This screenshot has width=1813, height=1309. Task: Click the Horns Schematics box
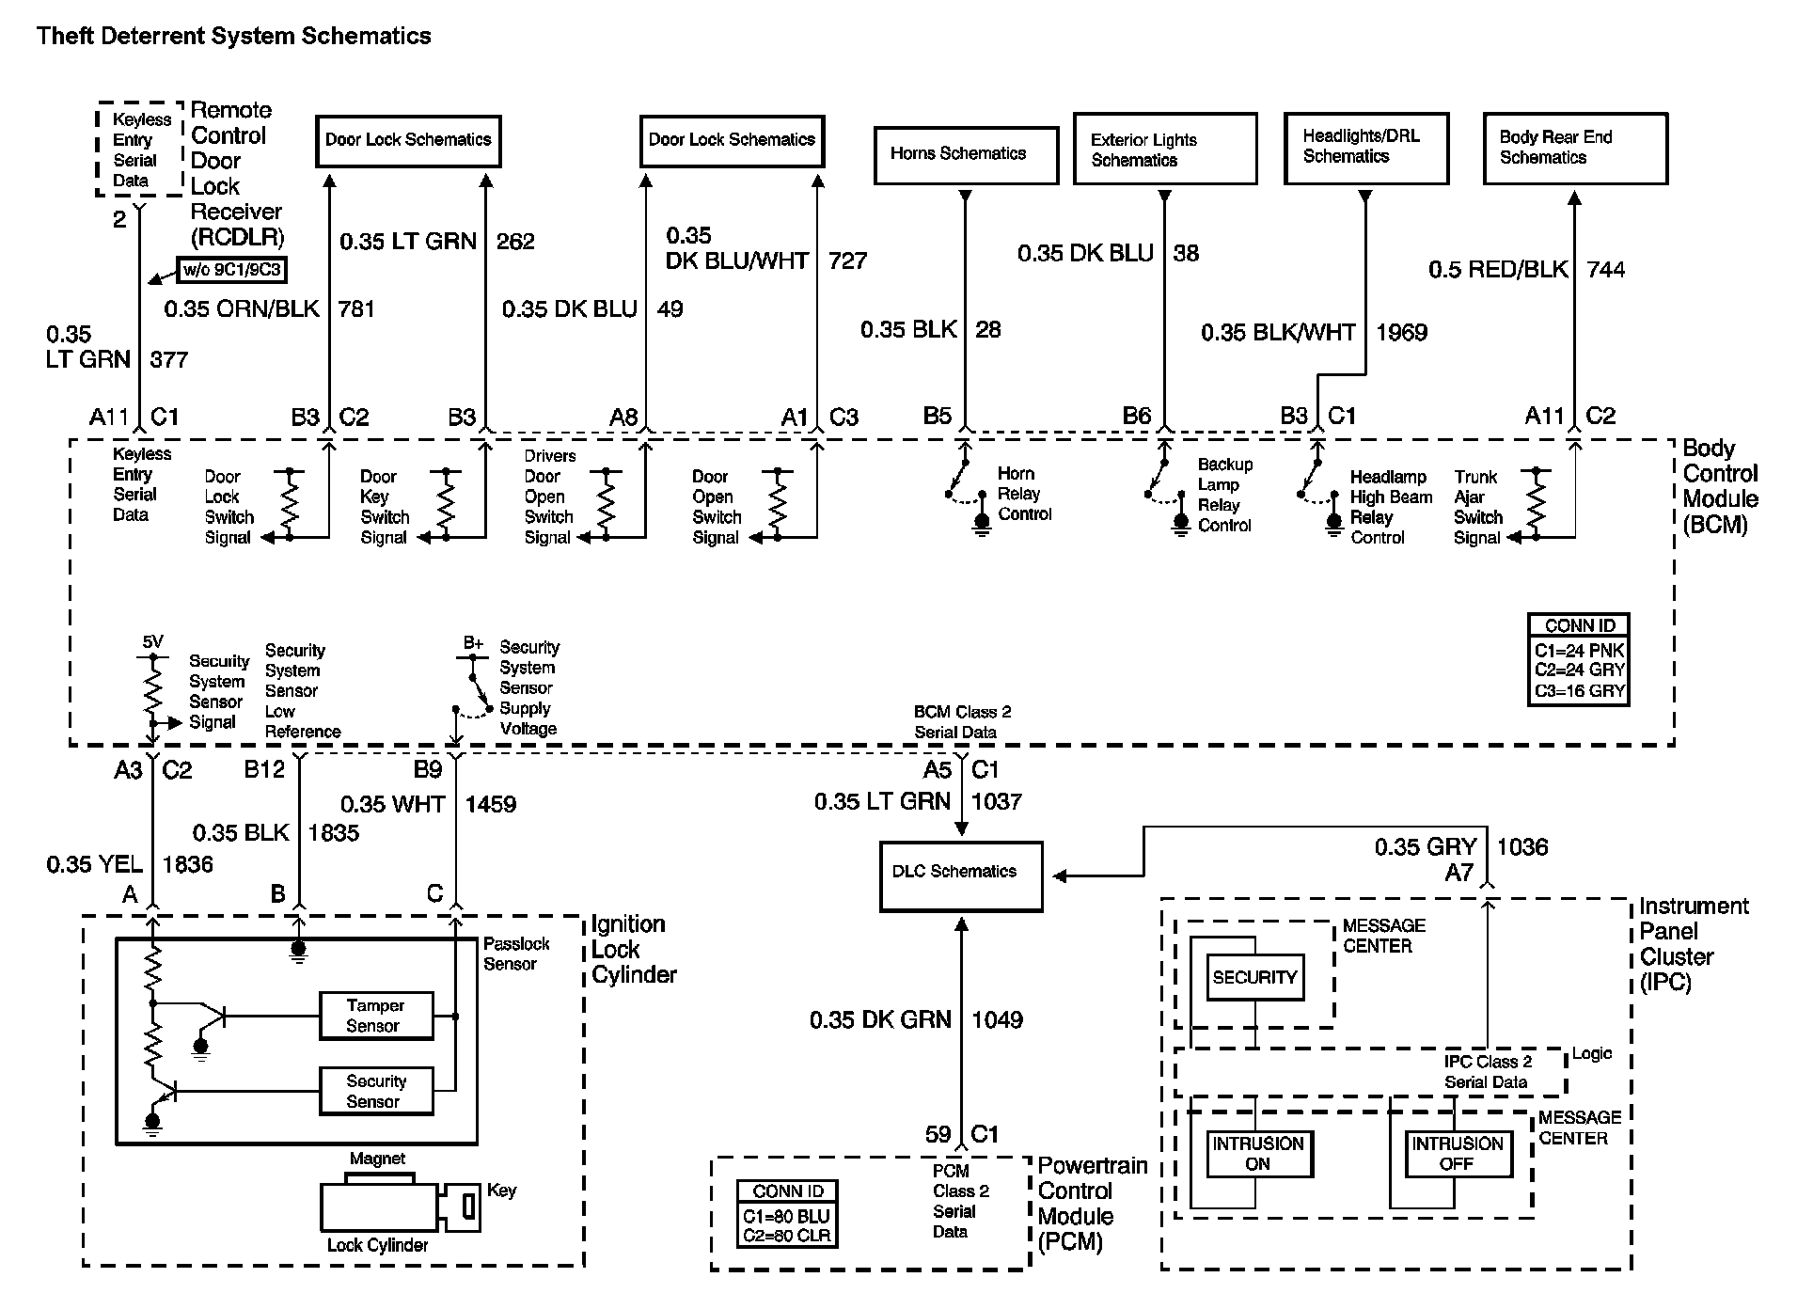click(x=966, y=154)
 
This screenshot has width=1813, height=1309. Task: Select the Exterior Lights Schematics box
click(x=1164, y=150)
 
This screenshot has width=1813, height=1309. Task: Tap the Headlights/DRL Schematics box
click(x=1365, y=148)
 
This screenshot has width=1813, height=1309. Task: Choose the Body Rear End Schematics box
click(x=1574, y=149)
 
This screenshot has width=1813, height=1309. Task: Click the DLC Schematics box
click(x=960, y=875)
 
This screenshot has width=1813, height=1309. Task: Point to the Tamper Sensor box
click(x=376, y=1016)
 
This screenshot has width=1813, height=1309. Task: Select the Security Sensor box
click(x=376, y=1091)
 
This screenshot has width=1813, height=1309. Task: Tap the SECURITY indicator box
click(x=1254, y=978)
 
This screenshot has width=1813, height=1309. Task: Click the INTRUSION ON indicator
click(x=1257, y=1153)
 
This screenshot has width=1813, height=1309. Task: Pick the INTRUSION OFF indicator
click(x=1457, y=1153)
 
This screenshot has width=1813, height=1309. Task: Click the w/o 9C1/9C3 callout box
click(x=231, y=271)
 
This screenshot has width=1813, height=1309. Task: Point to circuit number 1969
click(x=1401, y=333)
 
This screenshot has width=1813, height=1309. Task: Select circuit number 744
click(x=1605, y=270)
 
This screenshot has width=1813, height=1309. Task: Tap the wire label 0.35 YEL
click(x=94, y=865)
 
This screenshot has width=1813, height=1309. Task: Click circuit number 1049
click(x=997, y=1020)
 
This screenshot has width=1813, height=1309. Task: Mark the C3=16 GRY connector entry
click(x=1579, y=691)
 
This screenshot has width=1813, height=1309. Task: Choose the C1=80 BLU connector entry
click(x=786, y=1216)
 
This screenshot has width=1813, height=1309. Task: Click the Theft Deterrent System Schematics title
click(x=233, y=37)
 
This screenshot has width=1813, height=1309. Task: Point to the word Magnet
click(x=377, y=1159)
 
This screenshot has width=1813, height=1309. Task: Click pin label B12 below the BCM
click(x=264, y=770)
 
